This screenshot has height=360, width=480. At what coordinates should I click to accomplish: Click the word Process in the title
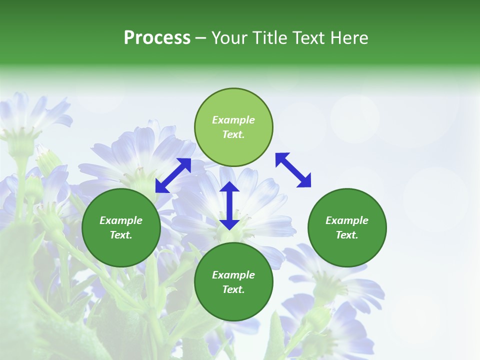(157, 38)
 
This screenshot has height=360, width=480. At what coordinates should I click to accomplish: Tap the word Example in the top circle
(233, 120)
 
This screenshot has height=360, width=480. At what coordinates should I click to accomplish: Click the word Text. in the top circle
(233, 134)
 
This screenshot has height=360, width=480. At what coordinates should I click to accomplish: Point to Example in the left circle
(121, 220)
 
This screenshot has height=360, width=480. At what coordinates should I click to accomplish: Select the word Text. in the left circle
(121, 235)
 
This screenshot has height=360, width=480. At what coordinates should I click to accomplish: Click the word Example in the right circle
(347, 220)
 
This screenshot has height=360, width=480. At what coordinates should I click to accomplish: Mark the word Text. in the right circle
(347, 235)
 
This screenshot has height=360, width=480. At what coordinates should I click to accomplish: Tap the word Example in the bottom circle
(233, 275)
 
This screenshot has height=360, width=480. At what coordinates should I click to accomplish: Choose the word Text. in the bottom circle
(233, 289)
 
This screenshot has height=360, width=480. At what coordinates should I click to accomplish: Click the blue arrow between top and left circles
(173, 175)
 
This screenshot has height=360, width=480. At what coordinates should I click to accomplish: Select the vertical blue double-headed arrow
(229, 205)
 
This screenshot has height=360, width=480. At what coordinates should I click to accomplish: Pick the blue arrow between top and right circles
(293, 170)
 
